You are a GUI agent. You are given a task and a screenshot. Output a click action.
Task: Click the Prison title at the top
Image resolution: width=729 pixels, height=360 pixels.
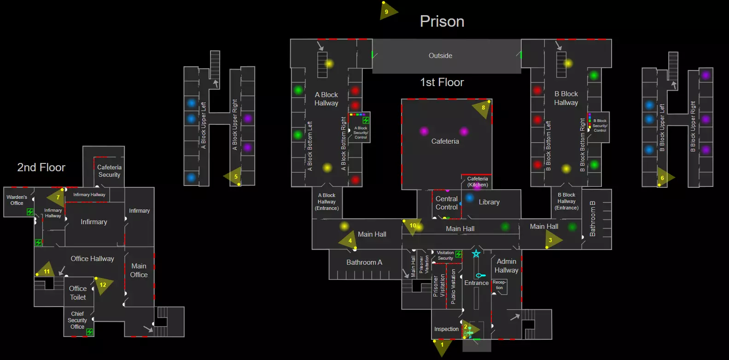coord(442,22)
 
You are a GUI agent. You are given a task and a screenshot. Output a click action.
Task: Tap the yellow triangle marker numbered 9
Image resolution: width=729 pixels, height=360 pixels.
coord(388,11)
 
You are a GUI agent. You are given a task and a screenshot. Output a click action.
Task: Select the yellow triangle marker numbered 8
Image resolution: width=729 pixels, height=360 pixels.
coord(482,109)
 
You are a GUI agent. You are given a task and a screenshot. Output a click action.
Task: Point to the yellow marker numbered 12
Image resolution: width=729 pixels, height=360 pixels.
coord(104,285)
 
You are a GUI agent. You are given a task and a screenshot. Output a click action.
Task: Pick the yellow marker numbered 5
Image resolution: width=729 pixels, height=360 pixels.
coord(233,177)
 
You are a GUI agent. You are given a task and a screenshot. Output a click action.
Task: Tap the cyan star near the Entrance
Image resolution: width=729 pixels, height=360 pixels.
coord(476,254)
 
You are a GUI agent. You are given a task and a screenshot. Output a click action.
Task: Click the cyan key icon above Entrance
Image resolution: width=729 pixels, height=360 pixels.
coord(481,275)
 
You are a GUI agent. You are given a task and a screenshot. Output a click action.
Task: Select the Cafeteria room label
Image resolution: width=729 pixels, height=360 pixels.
coord(445,141)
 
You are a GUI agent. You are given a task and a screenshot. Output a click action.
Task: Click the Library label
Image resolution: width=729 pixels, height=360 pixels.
coord(489,202)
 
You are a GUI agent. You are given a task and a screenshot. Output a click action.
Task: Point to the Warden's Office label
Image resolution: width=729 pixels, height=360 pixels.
coord(17,200)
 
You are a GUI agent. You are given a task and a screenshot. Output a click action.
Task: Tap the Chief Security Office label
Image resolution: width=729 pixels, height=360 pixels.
coord(77,320)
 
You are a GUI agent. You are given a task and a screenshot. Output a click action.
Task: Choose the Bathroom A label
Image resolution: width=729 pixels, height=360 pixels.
coord(364,262)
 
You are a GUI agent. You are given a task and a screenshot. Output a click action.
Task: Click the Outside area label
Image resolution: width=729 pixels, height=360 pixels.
coord(440,56)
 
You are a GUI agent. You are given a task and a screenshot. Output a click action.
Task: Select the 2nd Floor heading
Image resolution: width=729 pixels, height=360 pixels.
coord(41,167)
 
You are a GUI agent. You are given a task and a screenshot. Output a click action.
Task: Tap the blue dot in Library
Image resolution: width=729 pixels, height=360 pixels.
coord(469,197)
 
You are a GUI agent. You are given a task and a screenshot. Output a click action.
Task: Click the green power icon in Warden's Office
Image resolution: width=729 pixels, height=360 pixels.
coord(30,212)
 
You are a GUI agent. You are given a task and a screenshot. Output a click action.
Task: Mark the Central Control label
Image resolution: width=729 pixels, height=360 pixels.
coord(447,203)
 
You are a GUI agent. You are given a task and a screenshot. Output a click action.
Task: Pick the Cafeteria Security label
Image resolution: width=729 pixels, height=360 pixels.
coord(109,171)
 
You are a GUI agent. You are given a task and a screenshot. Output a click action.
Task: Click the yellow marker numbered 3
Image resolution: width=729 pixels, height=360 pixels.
coord(553,240)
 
